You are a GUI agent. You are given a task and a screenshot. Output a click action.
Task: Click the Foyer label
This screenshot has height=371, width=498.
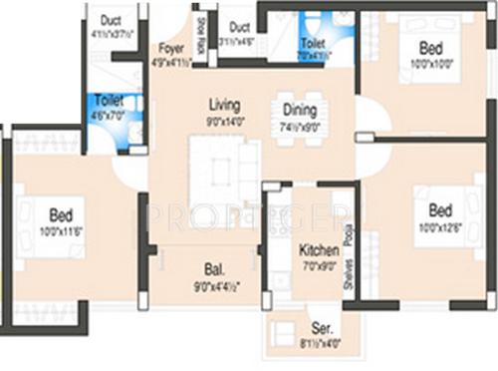(170, 47)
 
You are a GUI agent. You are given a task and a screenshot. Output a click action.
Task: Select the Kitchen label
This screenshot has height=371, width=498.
(318, 250)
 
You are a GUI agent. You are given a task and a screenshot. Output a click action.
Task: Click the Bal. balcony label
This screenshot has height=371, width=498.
(214, 268)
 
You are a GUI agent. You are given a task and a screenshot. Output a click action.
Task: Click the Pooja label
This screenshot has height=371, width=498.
(347, 235)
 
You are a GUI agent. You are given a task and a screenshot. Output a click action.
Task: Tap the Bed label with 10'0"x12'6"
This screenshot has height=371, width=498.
(441, 210)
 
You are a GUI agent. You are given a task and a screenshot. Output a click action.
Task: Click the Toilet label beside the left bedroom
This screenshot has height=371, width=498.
(107, 100)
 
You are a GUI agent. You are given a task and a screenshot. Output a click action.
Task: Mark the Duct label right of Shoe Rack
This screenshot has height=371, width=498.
(239, 27)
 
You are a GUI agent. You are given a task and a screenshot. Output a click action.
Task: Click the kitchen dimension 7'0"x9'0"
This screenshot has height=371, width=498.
(318, 267)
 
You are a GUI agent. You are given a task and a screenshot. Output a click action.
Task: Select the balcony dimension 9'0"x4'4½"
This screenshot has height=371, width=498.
(214, 286)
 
